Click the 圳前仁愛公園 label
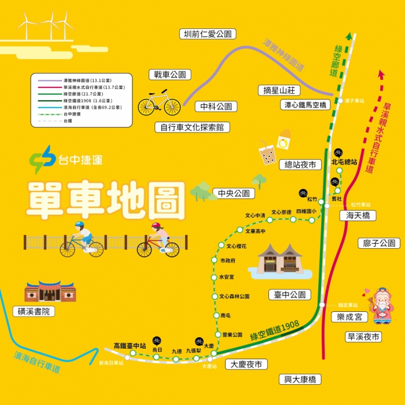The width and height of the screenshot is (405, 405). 207,34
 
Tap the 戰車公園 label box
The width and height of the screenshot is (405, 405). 170,75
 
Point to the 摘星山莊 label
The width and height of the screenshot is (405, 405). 279,90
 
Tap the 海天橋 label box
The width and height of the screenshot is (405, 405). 358,216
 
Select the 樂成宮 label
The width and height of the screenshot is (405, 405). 349,317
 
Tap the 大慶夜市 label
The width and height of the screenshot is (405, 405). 246,365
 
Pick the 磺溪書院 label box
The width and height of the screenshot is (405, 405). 34,311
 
